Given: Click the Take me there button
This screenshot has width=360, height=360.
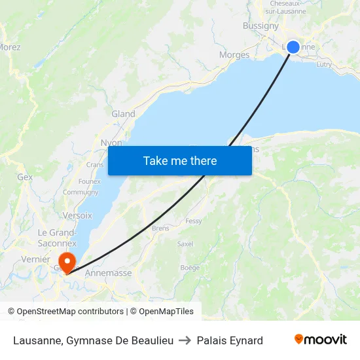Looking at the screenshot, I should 180,161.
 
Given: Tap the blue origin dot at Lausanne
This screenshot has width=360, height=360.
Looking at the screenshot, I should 293,46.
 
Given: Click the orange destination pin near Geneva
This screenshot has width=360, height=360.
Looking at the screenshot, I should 66,262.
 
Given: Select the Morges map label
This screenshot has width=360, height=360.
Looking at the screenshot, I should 234,55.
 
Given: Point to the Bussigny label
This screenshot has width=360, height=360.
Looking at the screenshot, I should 261,26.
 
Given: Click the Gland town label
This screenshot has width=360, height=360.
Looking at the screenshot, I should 123,114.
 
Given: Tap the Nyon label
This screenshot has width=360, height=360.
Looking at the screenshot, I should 111,142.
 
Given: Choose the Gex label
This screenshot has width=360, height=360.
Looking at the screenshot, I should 25,177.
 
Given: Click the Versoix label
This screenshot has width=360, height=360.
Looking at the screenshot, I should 77,215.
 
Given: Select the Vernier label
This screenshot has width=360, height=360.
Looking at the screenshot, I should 35,259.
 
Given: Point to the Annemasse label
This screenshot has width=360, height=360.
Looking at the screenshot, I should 108,273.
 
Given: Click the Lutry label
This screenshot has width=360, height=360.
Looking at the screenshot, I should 324,65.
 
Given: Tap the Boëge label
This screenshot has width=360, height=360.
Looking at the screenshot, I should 190,268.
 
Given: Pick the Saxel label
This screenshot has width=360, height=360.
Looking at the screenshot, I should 185,243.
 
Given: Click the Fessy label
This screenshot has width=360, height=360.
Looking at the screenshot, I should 194,221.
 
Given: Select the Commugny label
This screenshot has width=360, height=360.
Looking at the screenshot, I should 81,192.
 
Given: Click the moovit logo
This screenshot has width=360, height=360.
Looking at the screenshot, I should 320,340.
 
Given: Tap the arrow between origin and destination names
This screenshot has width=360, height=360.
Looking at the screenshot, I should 185,340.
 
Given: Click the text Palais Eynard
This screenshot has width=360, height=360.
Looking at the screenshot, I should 230,340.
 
